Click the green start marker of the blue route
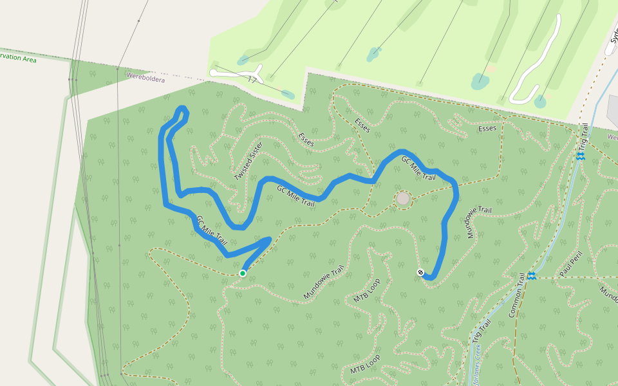click(x=243, y=273)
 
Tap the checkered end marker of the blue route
click(x=420, y=272)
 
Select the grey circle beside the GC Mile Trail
click(x=403, y=199)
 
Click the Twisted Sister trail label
click(x=248, y=161)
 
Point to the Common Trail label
click(x=517, y=295)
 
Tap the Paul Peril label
click(x=570, y=264)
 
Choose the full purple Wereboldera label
click(x=145, y=77)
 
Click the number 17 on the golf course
click(x=252, y=80)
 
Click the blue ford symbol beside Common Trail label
click(x=532, y=276)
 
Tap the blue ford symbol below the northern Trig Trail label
click(x=580, y=156)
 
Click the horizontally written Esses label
click(x=487, y=129)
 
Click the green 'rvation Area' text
click(x=18, y=58)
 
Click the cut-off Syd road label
click(x=612, y=42)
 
